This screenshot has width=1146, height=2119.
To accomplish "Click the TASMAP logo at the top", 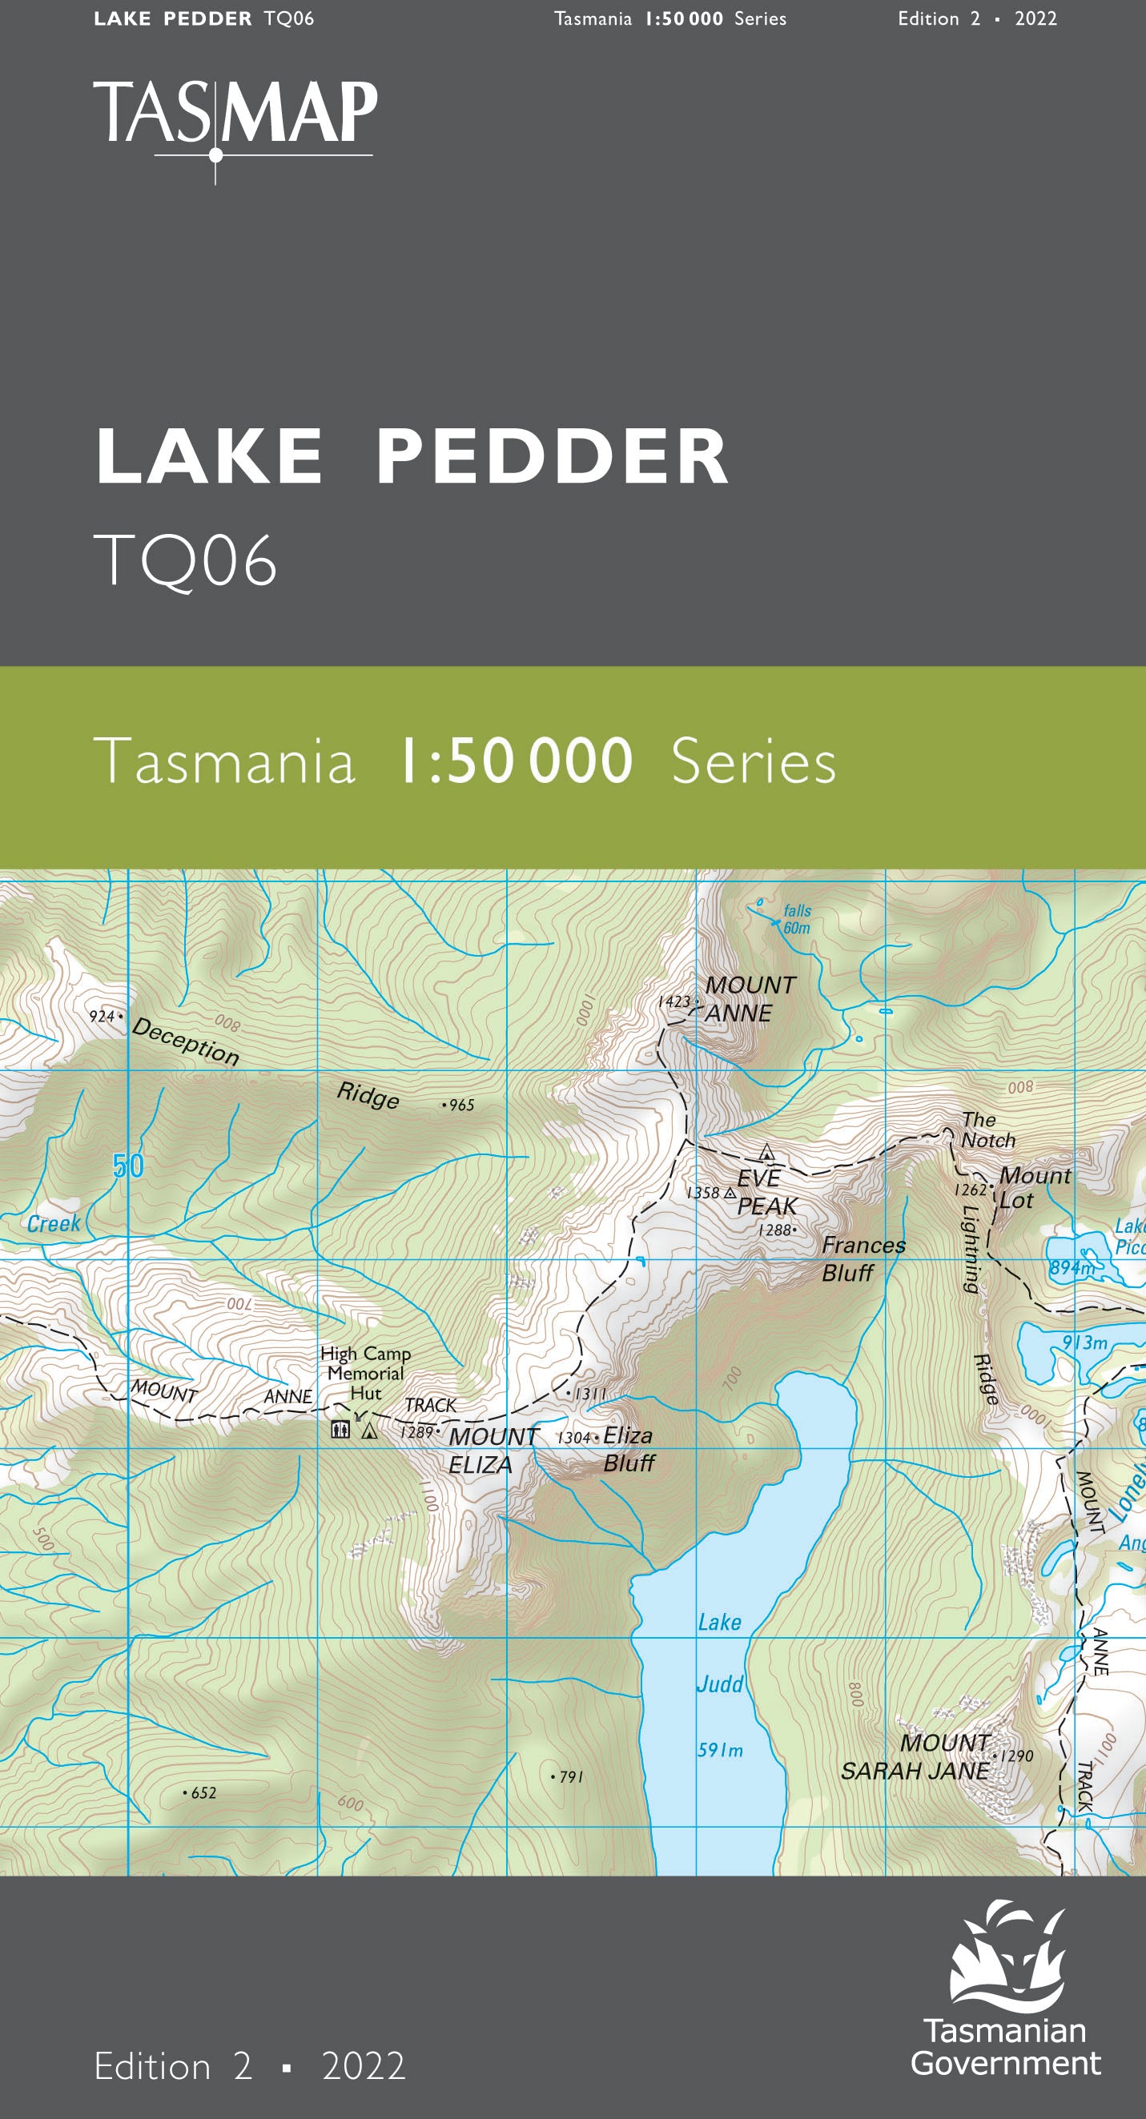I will (x=235, y=115).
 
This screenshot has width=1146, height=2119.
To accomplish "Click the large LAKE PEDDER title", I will (x=412, y=456).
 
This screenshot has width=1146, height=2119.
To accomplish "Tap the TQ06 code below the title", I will (x=185, y=560).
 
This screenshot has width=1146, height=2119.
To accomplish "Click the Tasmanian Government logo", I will (x=1006, y=1992).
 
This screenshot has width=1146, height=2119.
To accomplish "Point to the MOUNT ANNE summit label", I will (x=749, y=998).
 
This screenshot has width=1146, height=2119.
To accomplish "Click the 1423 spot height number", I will (x=674, y=1002).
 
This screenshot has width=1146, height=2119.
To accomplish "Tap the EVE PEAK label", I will (x=766, y=1192).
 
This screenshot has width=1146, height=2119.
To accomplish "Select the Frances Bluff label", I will (x=863, y=1258).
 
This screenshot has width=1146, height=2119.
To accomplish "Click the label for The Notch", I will (x=987, y=1130).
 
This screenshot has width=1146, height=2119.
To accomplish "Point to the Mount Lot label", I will (x=1033, y=1188).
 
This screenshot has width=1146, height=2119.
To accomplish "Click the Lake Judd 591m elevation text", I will (x=720, y=1751).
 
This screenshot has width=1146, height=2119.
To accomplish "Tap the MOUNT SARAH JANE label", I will (x=915, y=1756).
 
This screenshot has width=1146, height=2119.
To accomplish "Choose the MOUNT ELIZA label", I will (x=492, y=1451).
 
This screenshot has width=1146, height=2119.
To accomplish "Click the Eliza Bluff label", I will (x=629, y=1449).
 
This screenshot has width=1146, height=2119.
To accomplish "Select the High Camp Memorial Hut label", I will (x=365, y=1373).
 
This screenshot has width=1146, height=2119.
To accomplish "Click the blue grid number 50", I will (x=128, y=1166).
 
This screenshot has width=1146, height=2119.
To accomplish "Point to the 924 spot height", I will (x=101, y=1017).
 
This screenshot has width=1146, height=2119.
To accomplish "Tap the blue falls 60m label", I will (x=796, y=919).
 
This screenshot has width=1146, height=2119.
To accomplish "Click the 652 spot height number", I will (x=203, y=1792).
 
